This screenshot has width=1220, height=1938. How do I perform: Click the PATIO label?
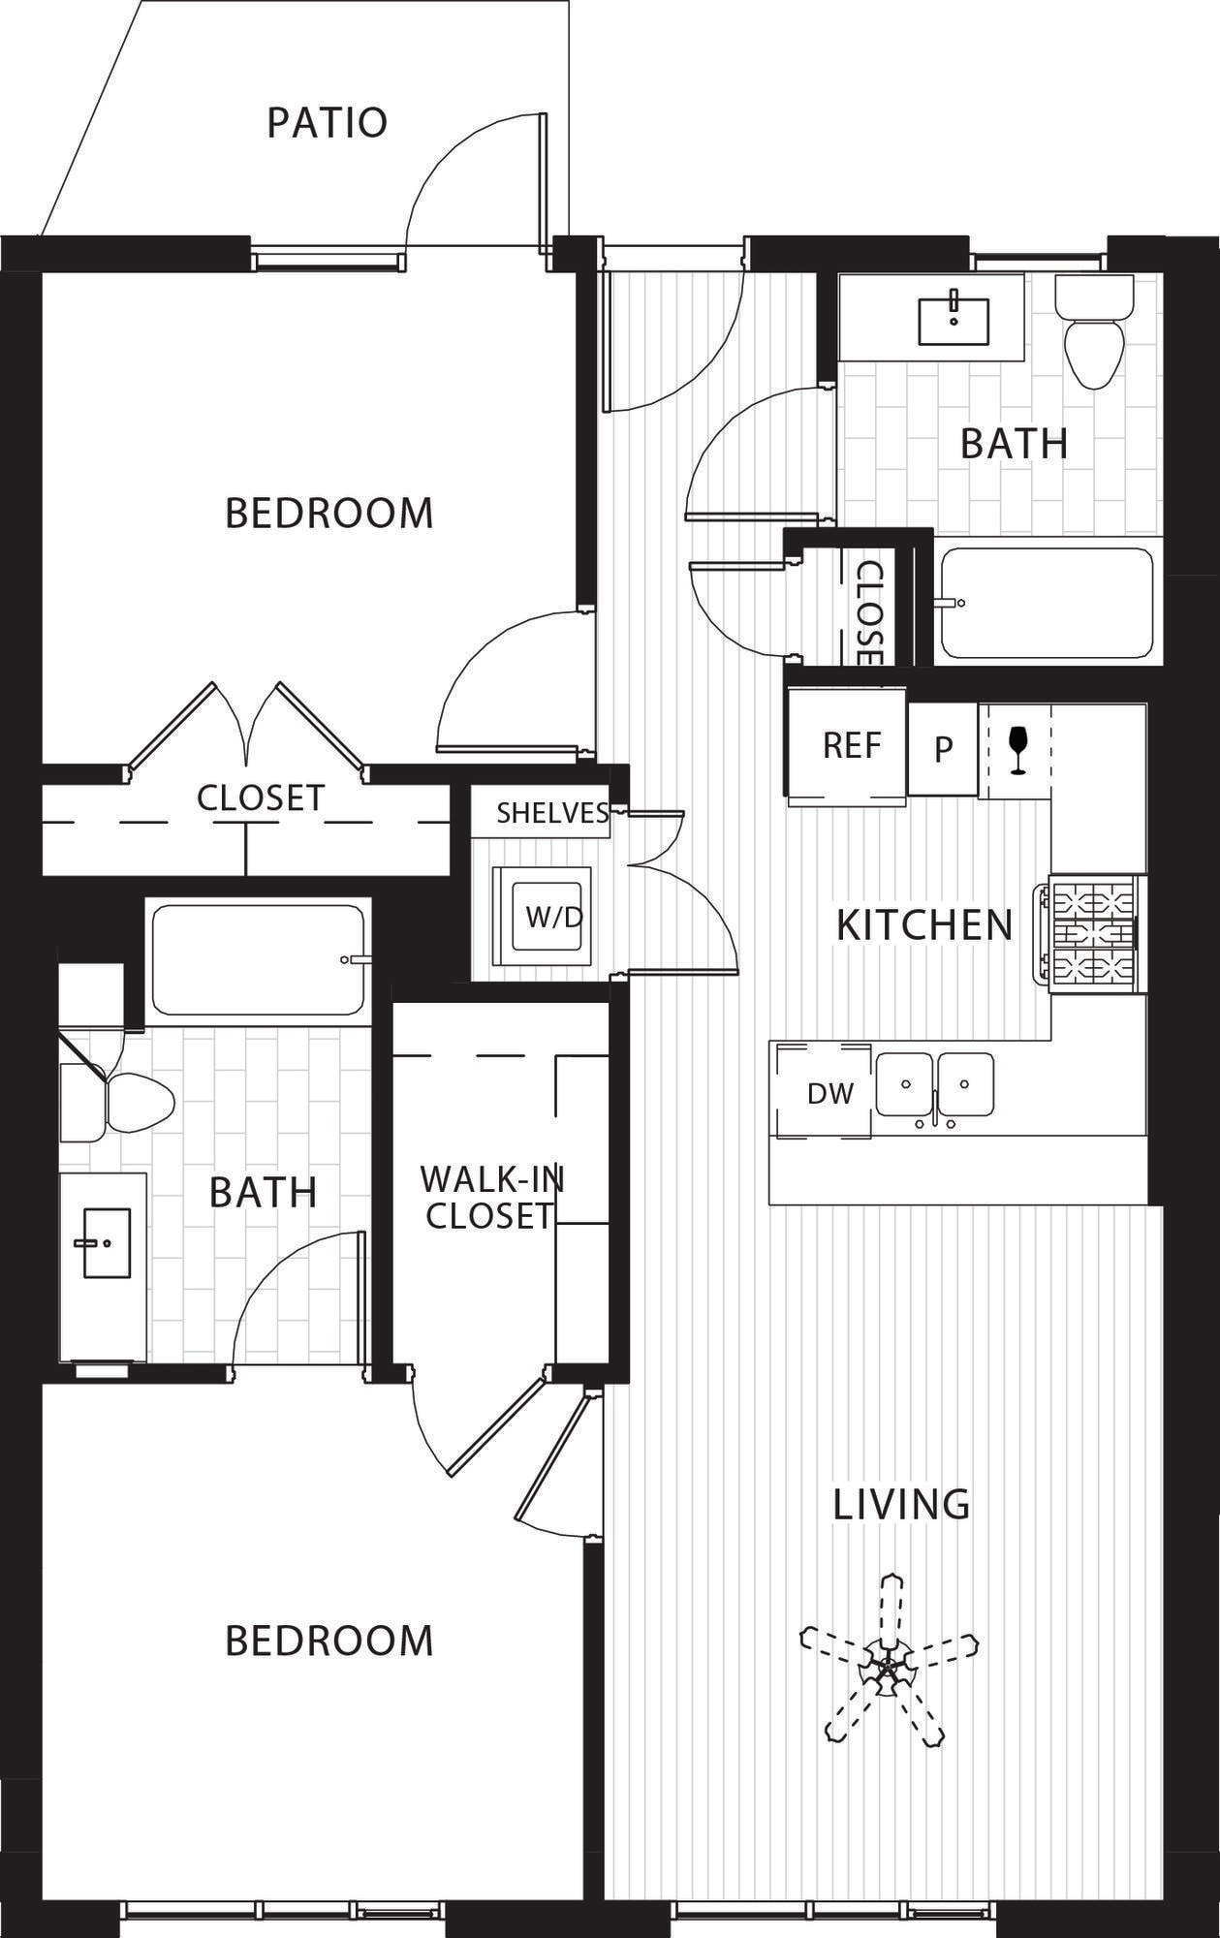[328, 123]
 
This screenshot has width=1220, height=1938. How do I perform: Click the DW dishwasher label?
[830, 1094]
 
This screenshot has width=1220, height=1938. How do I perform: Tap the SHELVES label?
[552, 813]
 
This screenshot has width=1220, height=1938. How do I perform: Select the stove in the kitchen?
[1092, 933]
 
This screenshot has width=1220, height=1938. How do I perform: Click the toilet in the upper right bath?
[1095, 330]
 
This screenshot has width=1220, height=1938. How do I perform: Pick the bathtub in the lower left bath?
[260, 959]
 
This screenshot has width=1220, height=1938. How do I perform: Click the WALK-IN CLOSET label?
[491, 1198]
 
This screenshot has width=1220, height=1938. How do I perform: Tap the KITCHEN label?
[924, 925]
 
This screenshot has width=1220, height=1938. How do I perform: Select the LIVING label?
[901, 1504]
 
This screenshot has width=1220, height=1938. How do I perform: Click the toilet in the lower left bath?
[117, 1102]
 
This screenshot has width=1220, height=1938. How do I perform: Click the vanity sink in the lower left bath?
[103, 1243]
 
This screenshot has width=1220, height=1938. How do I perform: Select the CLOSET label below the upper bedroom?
[261, 798]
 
